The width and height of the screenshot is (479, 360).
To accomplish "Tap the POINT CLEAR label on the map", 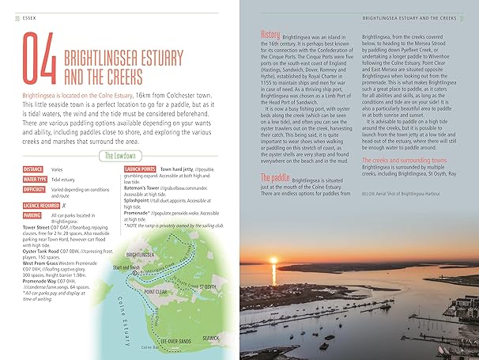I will [x=158, y=291].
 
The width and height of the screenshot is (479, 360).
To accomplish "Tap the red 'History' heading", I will [x=270, y=35].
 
